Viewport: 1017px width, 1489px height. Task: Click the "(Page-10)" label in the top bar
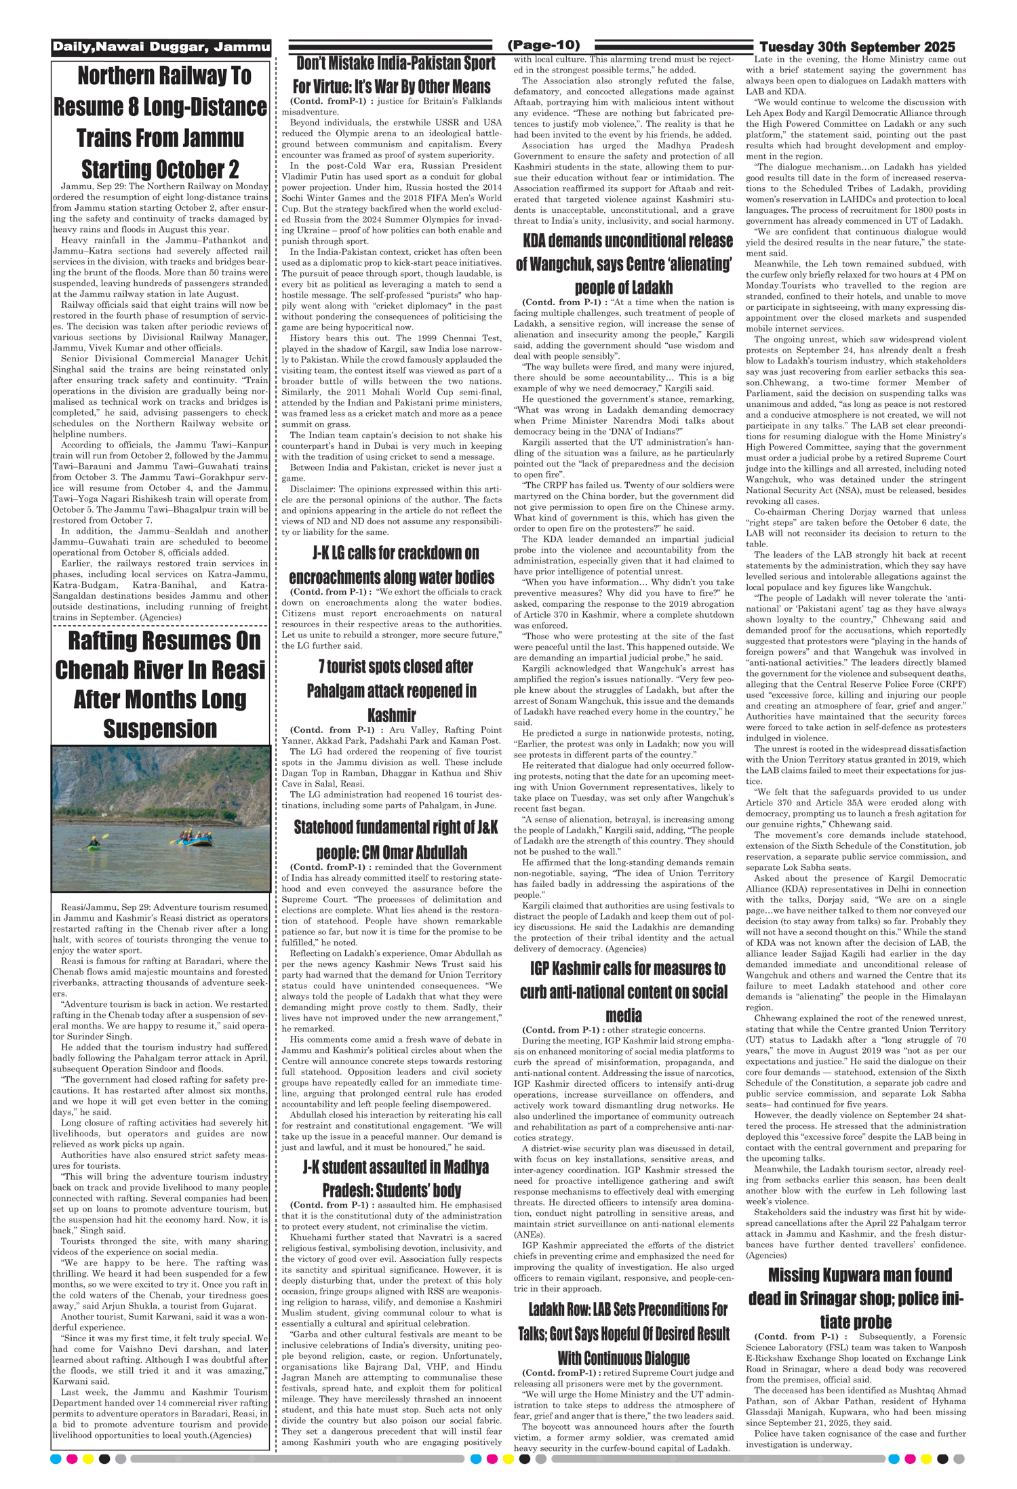click(543, 45)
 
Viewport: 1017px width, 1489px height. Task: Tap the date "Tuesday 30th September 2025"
click(857, 47)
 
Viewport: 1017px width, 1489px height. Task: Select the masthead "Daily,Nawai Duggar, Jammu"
click(161, 47)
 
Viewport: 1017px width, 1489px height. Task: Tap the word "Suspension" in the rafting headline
click(160, 729)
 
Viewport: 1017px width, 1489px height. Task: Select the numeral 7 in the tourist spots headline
click(321, 667)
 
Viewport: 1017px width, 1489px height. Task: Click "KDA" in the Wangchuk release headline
click(535, 241)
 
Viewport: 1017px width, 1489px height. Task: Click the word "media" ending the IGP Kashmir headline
click(623, 1015)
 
